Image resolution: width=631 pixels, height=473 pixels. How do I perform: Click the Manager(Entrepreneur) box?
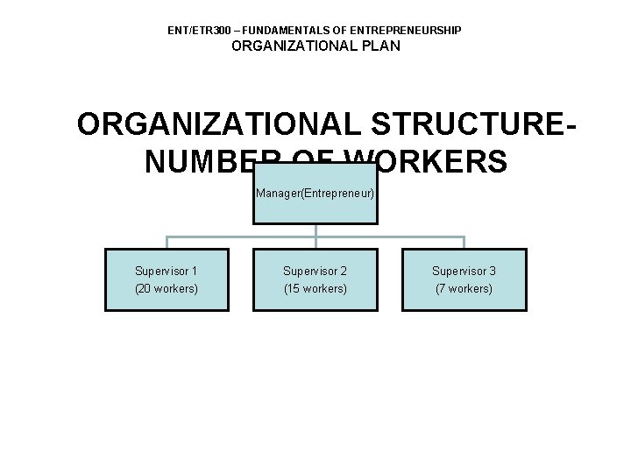pyautogui.click(x=315, y=193)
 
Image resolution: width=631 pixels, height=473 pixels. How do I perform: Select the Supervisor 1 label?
pyautogui.click(x=167, y=272)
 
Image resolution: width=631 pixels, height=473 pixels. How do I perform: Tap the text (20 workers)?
pyautogui.click(x=167, y=289)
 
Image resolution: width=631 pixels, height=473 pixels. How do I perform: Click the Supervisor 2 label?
pyautogui.click(x=315, y=272)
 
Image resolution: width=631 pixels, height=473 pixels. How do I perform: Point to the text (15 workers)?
pyautogui.click(x=315, y=289)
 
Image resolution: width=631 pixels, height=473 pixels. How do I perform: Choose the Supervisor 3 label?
pyautogui.click(x=464, y=272)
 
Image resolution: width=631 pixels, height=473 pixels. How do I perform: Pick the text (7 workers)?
pyautogui.click(x=464, y=289)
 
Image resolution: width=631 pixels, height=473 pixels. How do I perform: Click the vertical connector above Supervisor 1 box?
pyautogui.click(x=167, y=243)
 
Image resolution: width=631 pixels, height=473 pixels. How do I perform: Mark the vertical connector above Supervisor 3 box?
pyautogui.click(x=464, y=243)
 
